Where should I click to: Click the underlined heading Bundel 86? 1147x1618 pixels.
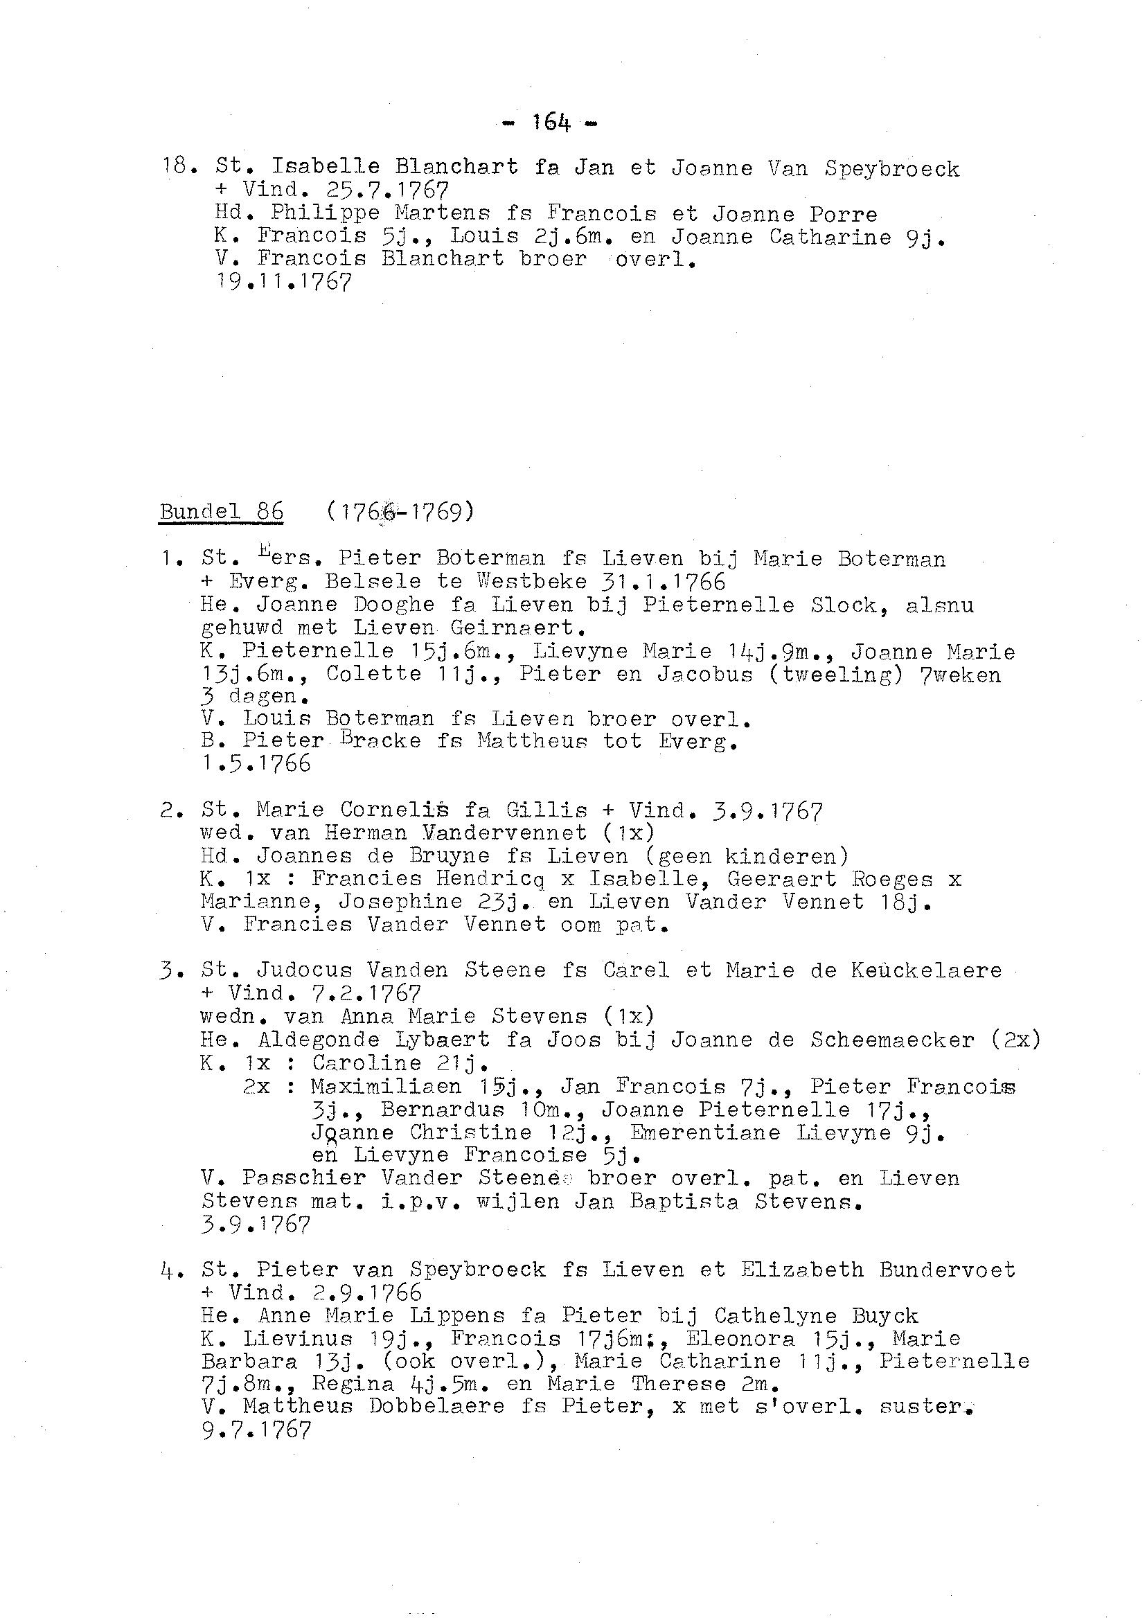(x=221, y=510)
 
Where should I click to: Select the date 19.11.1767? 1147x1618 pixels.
(x=283, y=283)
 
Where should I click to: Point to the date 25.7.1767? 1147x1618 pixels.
(x=388, y=190)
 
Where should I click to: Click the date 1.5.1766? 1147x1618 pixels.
(x=256, y=763)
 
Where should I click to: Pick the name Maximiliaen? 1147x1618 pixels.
(x=385, y=1086)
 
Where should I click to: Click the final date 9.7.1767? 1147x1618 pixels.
(x=256, y=1431)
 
